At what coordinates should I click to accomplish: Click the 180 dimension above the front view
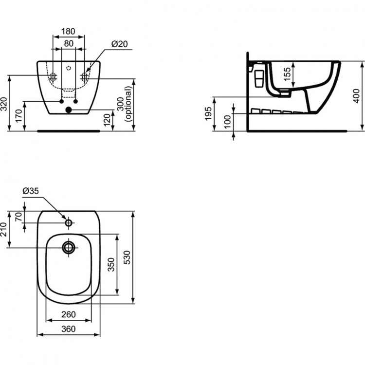point(68,31)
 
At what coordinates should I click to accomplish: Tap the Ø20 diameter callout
point(120,43)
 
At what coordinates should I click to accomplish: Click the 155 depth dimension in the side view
point(288,73)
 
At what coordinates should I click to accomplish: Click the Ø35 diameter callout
point(32,191)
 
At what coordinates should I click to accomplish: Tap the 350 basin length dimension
point(111,264)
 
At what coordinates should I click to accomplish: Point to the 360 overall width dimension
point(69,329)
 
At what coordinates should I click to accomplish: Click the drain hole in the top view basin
point(68,247)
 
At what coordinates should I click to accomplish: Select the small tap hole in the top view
point(69,223)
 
